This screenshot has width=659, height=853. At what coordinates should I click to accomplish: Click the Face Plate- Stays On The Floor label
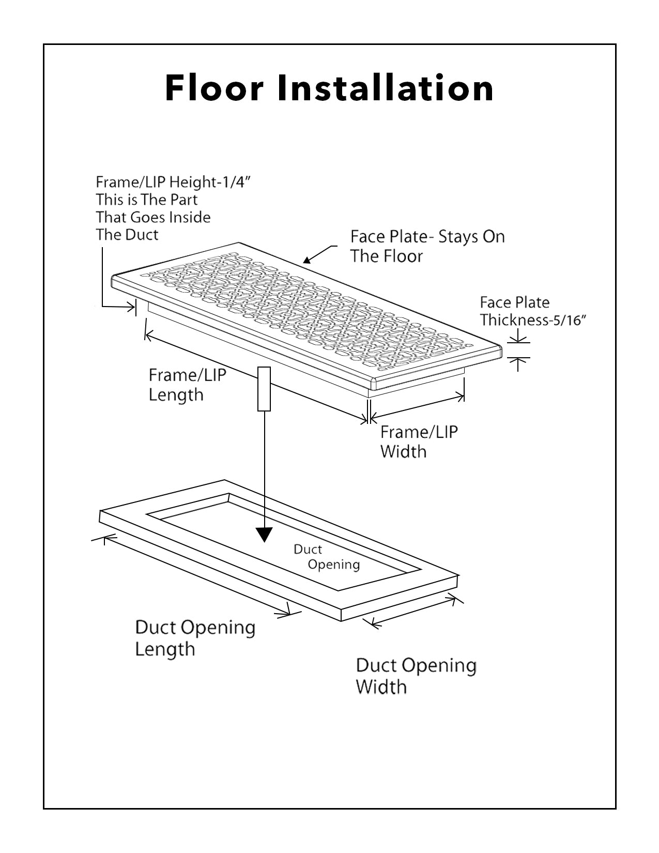pos(427,246)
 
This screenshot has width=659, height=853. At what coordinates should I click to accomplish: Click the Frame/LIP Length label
pos(187,385)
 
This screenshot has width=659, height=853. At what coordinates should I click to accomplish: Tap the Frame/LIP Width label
pos(419,441)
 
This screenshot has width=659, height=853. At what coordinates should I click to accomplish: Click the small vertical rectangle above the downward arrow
pos(264,389)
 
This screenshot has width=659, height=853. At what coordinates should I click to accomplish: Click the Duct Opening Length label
pos(195,638)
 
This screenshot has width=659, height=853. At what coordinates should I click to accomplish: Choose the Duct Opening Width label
pos(416,676)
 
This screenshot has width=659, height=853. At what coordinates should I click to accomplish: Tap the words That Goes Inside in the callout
pos(153,217)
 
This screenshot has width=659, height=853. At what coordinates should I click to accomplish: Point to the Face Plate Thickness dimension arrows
pos(518,349)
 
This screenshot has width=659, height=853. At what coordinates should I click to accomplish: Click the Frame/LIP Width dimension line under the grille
pos(417,406)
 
